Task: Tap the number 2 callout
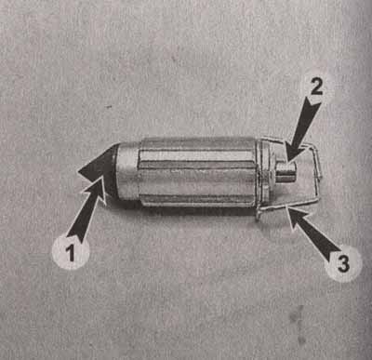click(316, 87)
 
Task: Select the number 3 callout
click(343, 263)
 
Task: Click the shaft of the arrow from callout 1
click(80, 217)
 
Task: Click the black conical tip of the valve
click(99, 170)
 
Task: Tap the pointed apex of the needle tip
click(78, 171)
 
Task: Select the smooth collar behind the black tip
click(127, 172)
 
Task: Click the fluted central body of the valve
click(198, 172)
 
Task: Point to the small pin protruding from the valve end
click(286, 171)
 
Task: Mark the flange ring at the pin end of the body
click(263, 174)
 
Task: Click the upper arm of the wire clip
click(288, 141)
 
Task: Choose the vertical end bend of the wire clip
click(317, 172)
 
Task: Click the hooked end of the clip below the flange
click(258, 213)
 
